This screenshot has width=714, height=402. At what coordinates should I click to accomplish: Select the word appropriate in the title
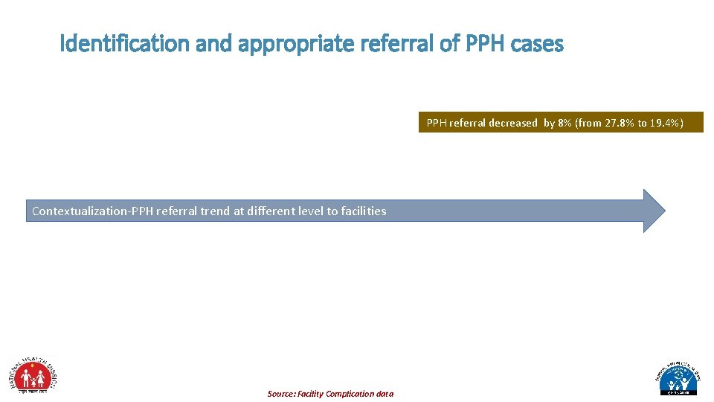[x=297, y=44]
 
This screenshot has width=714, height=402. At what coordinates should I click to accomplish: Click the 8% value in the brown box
[x=565, y=123]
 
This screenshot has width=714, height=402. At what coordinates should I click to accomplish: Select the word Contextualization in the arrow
[x=79, y=211]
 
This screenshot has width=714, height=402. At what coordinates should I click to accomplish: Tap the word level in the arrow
[x=311, y=211]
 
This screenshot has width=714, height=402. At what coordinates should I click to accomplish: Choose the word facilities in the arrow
[x=364, y=211]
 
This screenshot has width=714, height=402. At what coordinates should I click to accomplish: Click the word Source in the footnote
[x=281, y=394]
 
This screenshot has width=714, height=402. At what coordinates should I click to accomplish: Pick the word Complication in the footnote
[x=350, y=394]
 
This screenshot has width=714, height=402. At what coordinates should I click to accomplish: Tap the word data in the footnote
[x=385, y=394]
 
